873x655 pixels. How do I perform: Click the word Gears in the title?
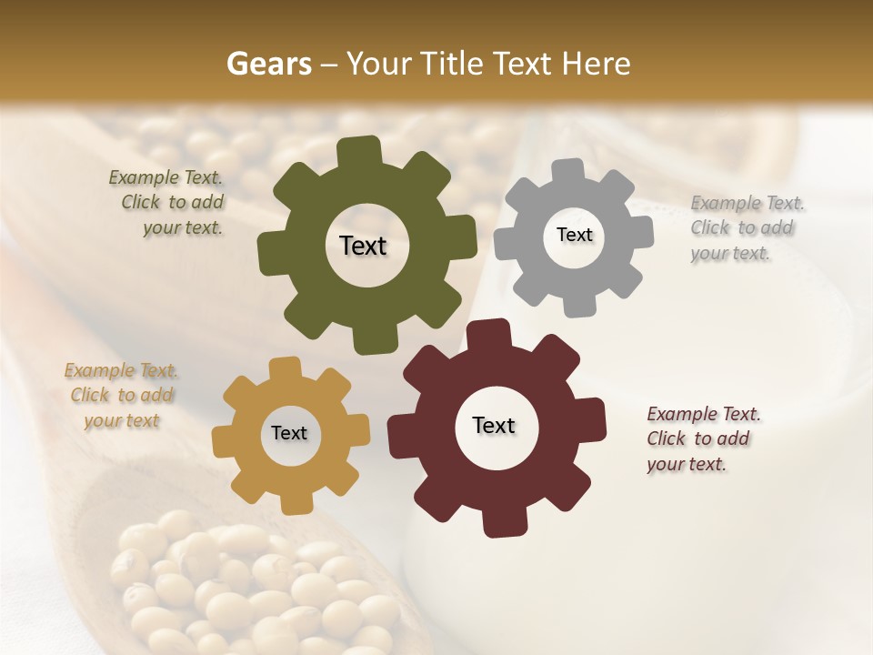click(268, 64)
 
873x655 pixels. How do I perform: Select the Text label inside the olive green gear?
click(363, 246)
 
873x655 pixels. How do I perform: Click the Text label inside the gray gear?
click(574, 235)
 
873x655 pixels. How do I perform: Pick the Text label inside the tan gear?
click(289, 433)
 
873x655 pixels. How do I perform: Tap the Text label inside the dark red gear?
click(494, 425)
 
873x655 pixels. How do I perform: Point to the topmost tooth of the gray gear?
click(568, 170)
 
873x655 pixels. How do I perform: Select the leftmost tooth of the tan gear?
click(224, 440)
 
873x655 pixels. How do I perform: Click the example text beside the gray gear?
click(747, 227)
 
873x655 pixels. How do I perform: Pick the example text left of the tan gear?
click(121, 396)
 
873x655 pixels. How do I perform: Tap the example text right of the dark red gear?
click(702, 438)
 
